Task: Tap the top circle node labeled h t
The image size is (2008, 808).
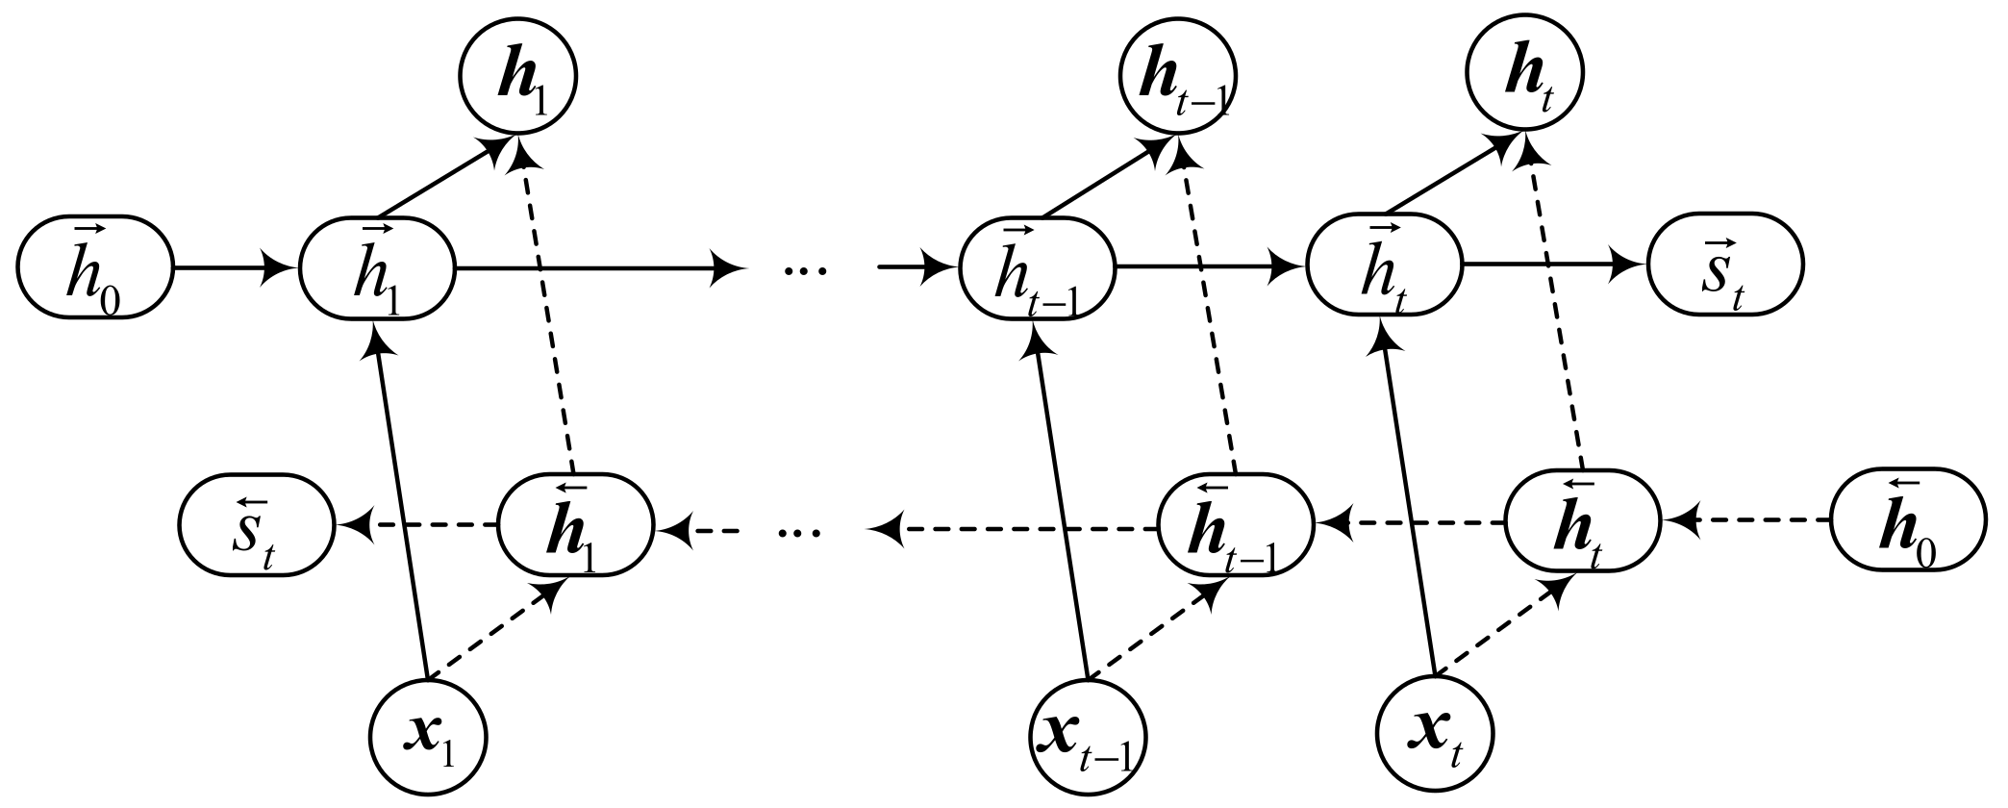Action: click(x=1524, y=75)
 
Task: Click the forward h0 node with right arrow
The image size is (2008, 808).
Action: click(x=94, y=267)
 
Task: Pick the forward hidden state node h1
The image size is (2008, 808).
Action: click(x=377, y=267)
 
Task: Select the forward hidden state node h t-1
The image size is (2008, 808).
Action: click(x=1038, y=267)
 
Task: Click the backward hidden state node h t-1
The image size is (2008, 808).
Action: click(x=1235, y=525)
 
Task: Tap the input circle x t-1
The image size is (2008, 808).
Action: click(x=1088, y=738)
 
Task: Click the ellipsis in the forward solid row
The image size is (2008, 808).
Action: click(x=806, y=270)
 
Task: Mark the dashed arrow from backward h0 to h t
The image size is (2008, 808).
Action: click(x=1745, y=520)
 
